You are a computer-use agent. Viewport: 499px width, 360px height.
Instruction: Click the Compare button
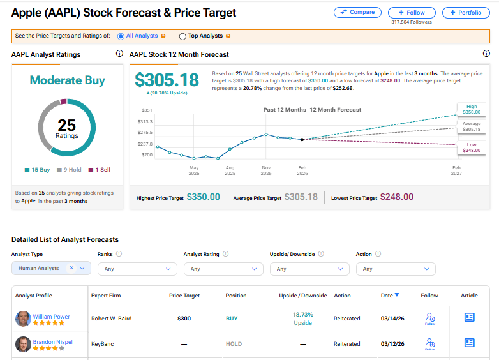(357, 12)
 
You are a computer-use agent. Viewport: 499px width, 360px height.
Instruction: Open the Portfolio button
(466, 12)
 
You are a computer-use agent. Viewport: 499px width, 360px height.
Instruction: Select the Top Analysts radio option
(183, 36)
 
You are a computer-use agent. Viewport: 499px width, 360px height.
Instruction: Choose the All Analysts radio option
(121, 36)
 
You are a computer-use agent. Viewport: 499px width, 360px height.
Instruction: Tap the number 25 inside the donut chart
(66, 125)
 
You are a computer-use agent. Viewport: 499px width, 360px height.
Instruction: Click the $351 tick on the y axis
(146, 110)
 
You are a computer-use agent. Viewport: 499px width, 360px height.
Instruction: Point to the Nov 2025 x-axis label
(266, 170)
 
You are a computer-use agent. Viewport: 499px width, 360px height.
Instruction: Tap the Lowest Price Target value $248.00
(397, 197)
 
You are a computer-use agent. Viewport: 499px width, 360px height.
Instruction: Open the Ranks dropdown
(137, 269)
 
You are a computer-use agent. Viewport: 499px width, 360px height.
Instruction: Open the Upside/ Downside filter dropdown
(309, 269)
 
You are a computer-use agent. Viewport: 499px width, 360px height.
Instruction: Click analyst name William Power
(51, 316)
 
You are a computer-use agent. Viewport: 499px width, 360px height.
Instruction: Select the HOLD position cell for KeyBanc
(234, 344)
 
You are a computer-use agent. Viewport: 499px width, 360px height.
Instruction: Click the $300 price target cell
(184, 318)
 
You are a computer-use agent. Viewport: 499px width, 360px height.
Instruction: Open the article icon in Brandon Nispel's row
(469, 343)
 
